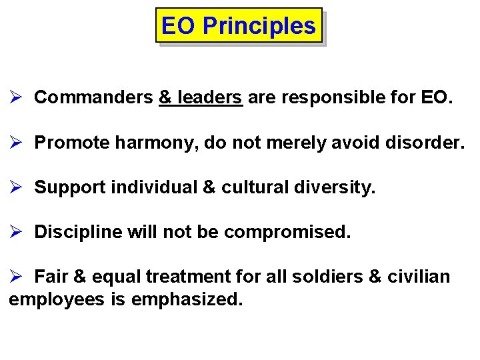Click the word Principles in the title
pos(259,26)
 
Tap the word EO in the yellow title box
pos(179,26)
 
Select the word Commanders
pos(93,97)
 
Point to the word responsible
pos(333,97)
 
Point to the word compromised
pos(287,232)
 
